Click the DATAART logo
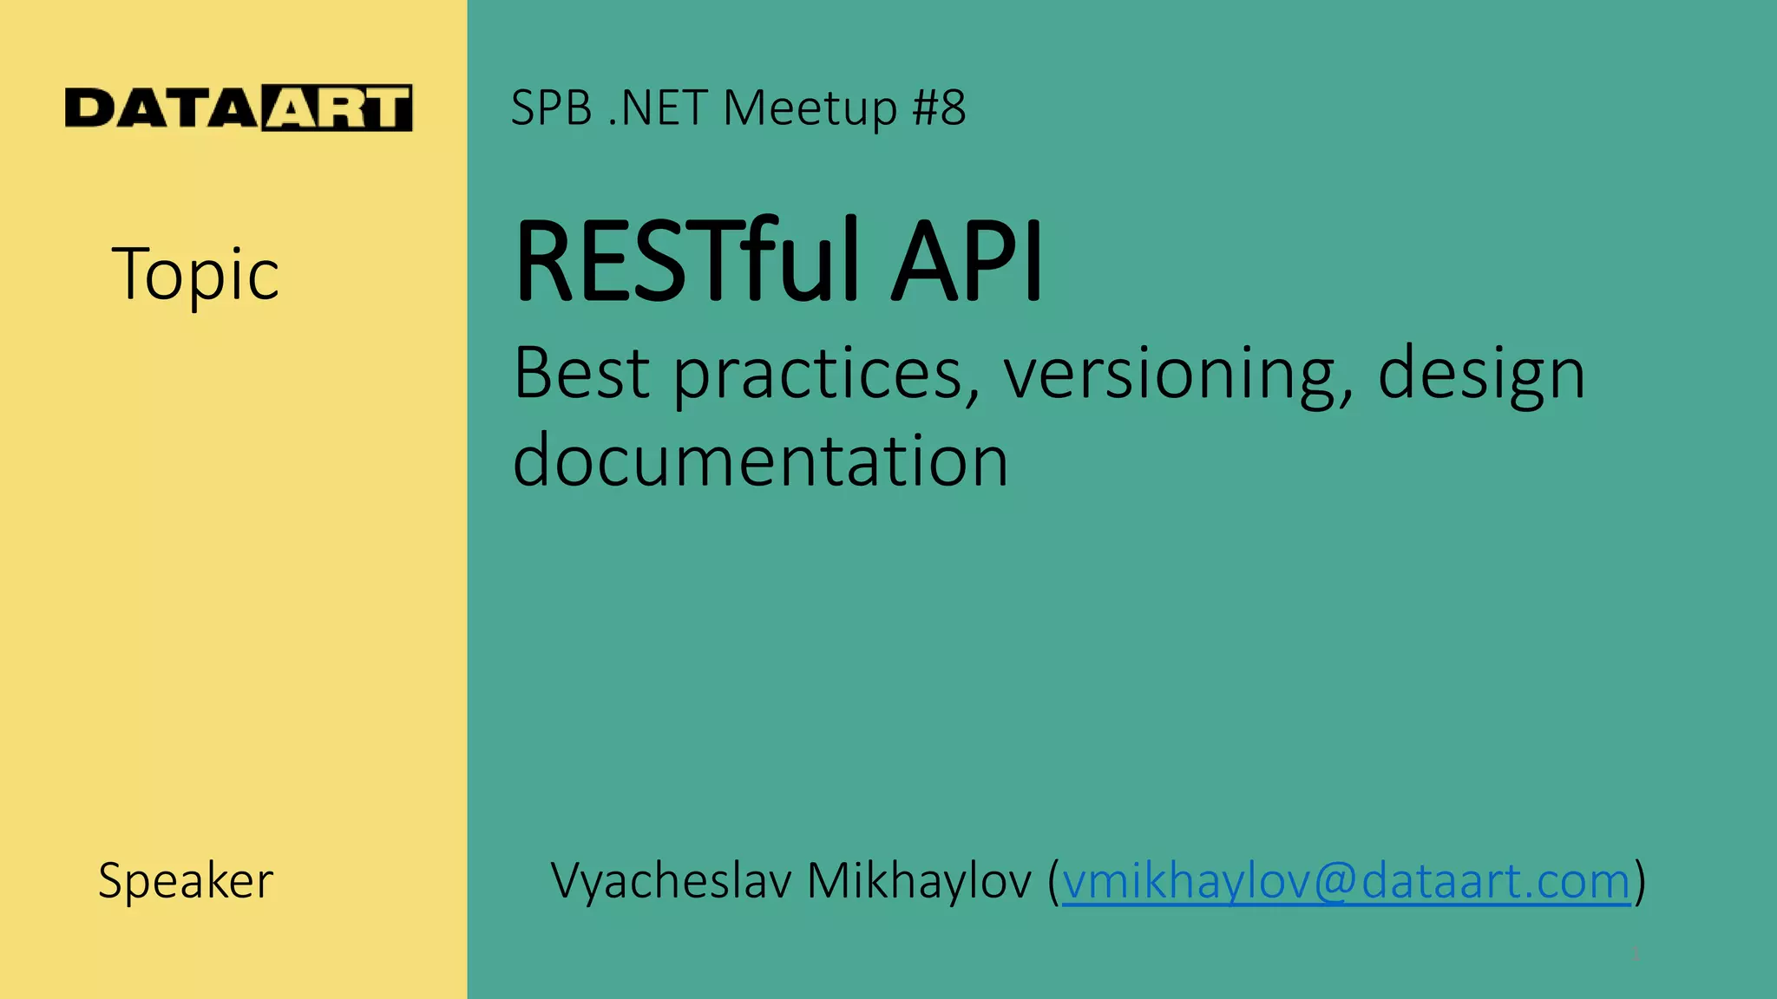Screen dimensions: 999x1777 pyautogui.click(x=239, y=108)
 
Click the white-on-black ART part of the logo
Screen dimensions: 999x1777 pyautogui.click(x=337, y=109)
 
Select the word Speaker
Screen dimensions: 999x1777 pyautogui.click(x=186, y=881)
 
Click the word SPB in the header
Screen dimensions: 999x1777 pyautogui.click(x=551, y=108)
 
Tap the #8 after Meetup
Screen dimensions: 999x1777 pyautogui.click(x=939, y=108)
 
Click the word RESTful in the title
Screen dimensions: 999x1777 pyautogui.click(x=685, y=260)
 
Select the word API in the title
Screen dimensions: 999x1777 pyautogui.click(x=967, y=260)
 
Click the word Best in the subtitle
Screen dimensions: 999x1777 pyautogui.click(x=580, y=373)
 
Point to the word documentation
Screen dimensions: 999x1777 pyautogui.click(x=760, y=460)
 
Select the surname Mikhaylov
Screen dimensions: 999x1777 pyautogui.click(x=919, y=881)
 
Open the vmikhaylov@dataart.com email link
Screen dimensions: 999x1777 pyautogui.click(x=1346, y=881)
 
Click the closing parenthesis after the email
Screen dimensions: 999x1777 pyautogui.click(x=1640, y=881)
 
